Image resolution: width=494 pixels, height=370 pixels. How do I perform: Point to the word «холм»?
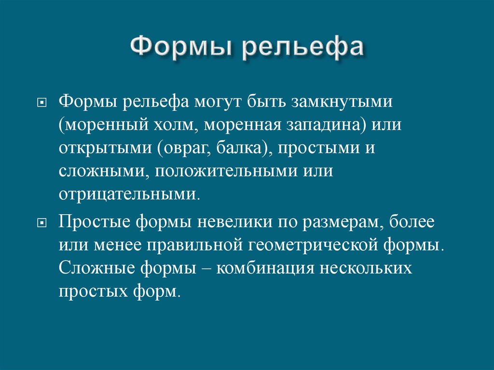pyautogui.click(x=176, y=125)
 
